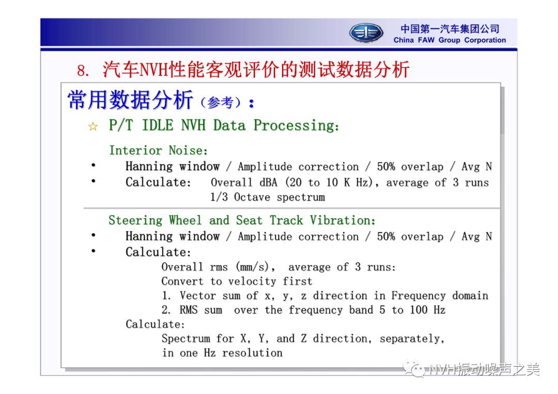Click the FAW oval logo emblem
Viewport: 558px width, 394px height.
tap(366, 32)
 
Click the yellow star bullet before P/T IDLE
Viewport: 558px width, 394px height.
tap(93, 126)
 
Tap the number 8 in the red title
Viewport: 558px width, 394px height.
tap(82, 71)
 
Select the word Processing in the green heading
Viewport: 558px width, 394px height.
tap(296, 125)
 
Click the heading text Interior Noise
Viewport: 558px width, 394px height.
tap(158, 150)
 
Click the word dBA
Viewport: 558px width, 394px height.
tap(268, 182)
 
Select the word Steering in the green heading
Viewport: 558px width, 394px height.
tap(135, 220)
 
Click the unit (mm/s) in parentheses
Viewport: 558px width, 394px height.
tap(255, 267)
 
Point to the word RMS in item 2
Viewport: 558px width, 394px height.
tap(189, 310)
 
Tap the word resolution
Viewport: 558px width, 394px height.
tap(252, 353)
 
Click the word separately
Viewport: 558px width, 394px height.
tap(412, 339)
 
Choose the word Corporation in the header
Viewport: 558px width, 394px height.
tap(485, 40)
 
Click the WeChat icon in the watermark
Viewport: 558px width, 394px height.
tap(414, 369)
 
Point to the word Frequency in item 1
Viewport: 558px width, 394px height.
tap(418, 295)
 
